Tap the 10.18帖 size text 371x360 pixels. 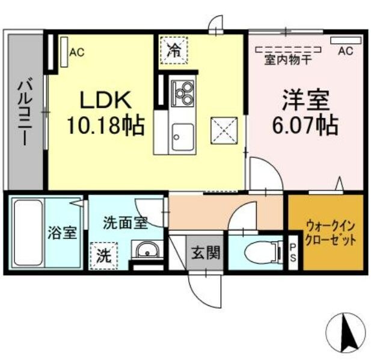105,126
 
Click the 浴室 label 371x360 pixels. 63,232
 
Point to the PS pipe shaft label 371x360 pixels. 293,252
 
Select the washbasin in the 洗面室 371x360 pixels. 146,249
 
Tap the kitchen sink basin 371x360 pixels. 180,135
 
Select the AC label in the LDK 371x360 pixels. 76,52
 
